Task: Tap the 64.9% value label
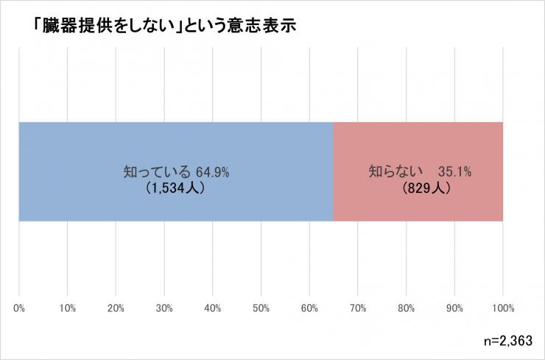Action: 213,172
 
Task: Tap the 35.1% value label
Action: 454,172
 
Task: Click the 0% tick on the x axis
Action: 19,306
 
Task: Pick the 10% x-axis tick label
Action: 68,306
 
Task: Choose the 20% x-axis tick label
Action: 116,306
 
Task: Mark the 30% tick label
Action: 164,306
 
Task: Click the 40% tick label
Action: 213,306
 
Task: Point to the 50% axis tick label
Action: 261,306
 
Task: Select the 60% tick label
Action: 309,306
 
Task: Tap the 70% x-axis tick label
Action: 358,306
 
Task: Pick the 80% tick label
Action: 407,306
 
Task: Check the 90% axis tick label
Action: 454,306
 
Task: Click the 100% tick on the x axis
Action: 503,306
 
